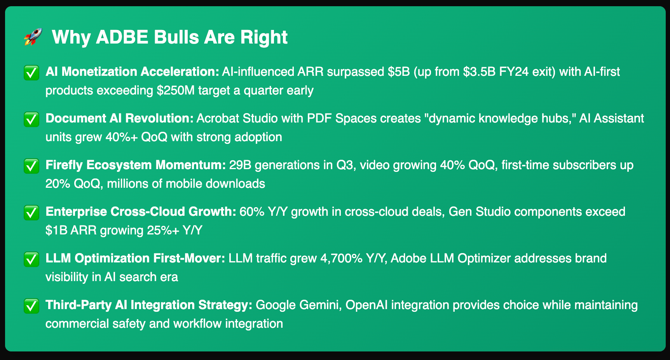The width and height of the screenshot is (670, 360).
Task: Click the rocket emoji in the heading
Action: click(33, 37)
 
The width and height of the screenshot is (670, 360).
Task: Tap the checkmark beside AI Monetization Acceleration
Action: click(31, 73)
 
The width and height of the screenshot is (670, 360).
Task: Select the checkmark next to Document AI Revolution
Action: click(31, 119)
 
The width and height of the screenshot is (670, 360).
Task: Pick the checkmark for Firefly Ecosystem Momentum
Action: click(31, 166)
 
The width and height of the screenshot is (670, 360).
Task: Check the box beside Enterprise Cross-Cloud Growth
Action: click(31, 213)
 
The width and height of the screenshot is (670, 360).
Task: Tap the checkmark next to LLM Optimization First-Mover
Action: click(31, 259)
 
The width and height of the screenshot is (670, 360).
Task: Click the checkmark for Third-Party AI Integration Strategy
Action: click(31, 306)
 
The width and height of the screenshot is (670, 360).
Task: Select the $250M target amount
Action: click(176, 91)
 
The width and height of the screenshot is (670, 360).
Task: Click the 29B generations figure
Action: click(239, 165)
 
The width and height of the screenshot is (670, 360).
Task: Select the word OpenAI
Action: click(366, 305)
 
